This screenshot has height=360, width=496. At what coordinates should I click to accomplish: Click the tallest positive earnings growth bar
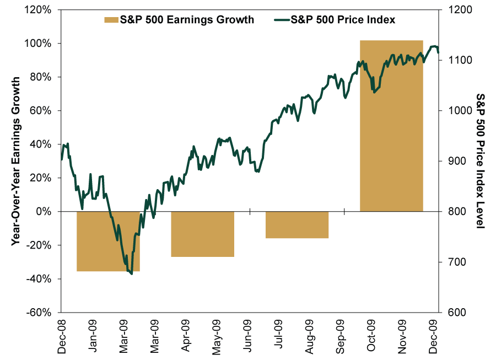point(391,126)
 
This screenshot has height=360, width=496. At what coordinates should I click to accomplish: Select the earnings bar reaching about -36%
point(108,241)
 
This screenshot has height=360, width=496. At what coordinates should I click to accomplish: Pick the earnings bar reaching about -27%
point(202,234)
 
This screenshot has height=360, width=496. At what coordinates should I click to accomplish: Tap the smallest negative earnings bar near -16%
point(297,224)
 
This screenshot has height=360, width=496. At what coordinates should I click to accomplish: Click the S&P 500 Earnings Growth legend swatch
point(111,20)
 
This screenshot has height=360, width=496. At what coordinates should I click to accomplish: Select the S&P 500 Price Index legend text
point(343,20)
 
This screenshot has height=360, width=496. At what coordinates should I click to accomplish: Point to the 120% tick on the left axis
point(37,10)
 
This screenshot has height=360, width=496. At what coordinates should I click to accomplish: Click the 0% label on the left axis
point(44,211)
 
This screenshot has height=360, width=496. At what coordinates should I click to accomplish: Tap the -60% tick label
point(39,312)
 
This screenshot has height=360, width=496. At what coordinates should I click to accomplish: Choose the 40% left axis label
point(40,144)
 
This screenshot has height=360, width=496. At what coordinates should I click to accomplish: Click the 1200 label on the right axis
point(460,10)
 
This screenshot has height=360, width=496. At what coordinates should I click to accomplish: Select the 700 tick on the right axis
point(457,262)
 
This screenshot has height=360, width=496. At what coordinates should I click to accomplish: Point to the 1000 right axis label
point(460,110)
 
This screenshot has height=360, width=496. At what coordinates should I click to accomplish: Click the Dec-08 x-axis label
point(61,336)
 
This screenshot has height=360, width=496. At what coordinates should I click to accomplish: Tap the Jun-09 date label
point(247,336)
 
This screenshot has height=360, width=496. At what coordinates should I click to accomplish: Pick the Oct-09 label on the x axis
point(371,335)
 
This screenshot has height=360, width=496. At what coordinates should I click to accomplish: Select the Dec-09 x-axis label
point(433,336)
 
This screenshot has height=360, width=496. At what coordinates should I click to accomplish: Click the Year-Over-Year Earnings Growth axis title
point(15,161)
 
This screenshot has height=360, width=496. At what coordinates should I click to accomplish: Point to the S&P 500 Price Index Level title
point(481,161)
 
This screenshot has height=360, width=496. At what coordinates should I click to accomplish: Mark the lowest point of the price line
point(132,274)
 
